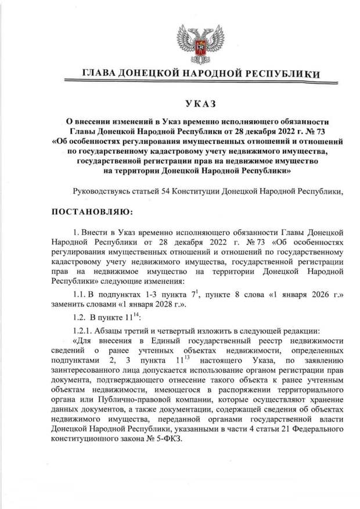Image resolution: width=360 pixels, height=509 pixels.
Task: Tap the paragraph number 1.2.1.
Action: click(x=82, y=330)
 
